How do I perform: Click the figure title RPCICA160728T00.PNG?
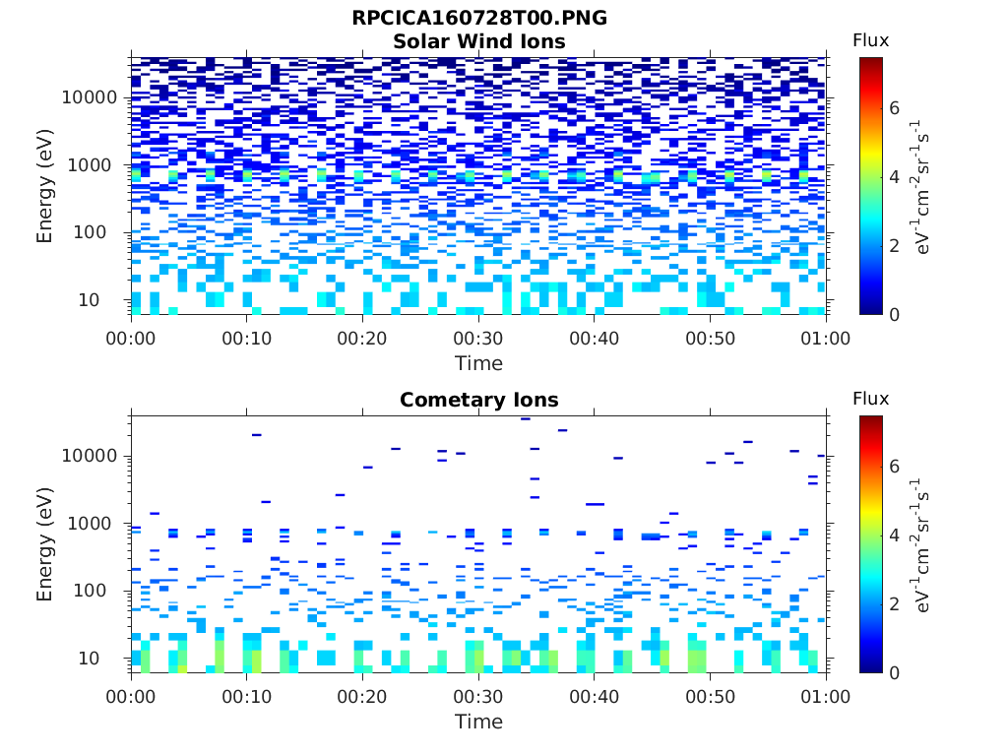pos(478,19)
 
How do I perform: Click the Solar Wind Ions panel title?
pos(478,41)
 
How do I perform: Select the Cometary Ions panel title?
pos(478,400)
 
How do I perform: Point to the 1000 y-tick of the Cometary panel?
pos(96,524)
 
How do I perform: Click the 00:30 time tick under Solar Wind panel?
pos(478,338)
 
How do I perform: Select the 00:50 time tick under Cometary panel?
pos(710,696)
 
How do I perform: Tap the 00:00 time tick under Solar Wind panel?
pos(131,338)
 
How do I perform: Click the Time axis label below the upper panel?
pos(478,363)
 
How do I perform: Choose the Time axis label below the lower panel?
pos(478,722)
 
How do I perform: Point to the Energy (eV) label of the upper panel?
pos(45,186)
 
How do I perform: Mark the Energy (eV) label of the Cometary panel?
pos(45,544)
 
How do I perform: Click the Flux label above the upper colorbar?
pos(870,40)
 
